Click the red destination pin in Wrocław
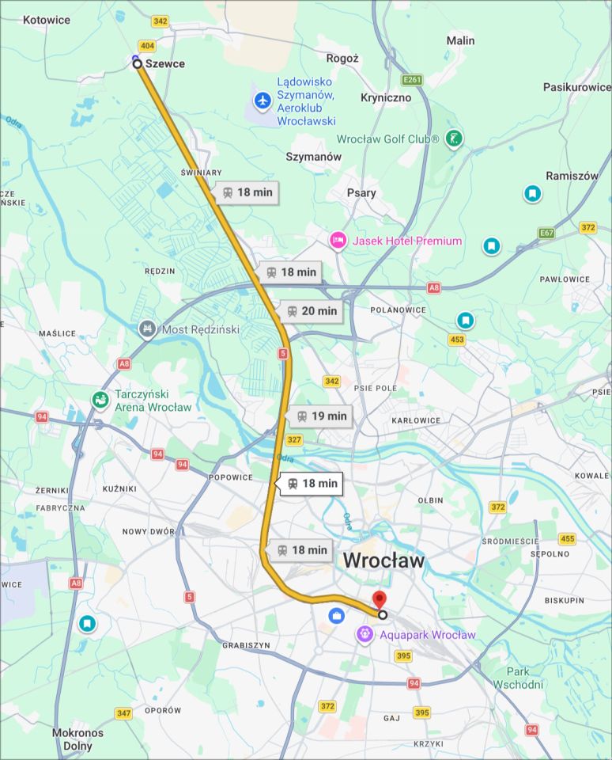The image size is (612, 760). click(380, 600)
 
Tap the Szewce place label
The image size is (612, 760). click(165, 63)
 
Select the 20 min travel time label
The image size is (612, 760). click(312, 311)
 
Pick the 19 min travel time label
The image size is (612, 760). click(320, 416)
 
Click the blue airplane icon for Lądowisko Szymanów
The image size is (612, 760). click(263, 101)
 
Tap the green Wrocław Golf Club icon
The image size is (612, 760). click(454, 139)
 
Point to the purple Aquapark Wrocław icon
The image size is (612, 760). click(364, 634)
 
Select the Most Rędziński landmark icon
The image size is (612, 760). click(147, 329)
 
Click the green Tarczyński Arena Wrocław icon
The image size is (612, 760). click(100, 400)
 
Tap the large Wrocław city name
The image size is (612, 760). click(383, 560)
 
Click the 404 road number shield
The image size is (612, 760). click(147, 46)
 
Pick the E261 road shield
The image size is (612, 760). click(411, 80)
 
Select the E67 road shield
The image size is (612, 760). click(546, 233)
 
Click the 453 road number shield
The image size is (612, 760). click(456, 340)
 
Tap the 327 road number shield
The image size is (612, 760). click(294, 440)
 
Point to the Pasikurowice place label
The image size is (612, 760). click(577, 87)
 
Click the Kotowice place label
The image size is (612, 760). click(46, 20)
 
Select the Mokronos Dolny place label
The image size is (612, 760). click(77, 739)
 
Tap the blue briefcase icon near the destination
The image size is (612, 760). click(336, 615)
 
